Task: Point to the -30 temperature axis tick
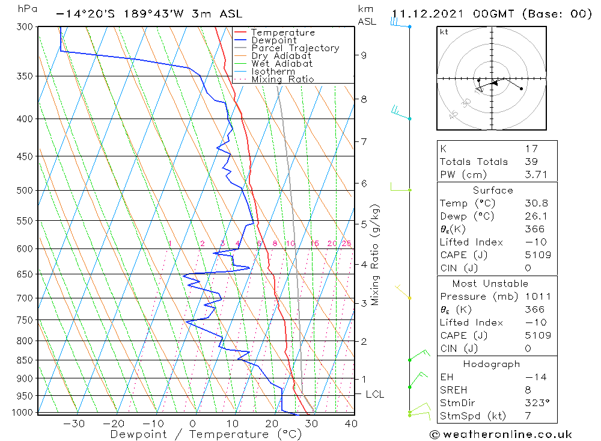coord(74,424)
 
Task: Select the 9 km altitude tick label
coord(364,55)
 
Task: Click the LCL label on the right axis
coord(374,395)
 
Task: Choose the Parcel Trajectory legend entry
coord(294,48)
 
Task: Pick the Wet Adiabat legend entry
coord(281,64)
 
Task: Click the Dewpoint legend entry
coord(273,40)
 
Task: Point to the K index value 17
coord(531,149)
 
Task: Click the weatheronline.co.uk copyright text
coord(501,434)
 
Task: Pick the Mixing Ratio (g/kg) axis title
coord(375,254)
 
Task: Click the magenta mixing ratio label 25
coord(346,244)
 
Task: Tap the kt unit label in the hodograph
coord(444,32)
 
